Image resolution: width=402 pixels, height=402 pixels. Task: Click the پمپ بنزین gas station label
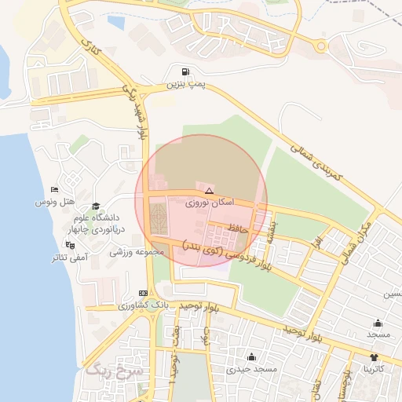tap(185, 82)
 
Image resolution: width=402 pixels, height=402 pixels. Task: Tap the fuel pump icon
tap(185, 71)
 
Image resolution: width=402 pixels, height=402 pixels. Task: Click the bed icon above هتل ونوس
tap(53, 190)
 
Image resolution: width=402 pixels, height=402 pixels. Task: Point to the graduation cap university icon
tap(96, 205)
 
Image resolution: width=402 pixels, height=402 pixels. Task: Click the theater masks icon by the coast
tap(69, 245)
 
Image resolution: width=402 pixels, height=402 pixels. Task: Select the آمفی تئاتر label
tap(69, 257)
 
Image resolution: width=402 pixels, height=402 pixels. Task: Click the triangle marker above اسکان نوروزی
tap(208, 191)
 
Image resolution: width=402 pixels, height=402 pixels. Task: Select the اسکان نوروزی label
tap(208, 203)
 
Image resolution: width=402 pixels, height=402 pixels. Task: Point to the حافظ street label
tap(238, 228)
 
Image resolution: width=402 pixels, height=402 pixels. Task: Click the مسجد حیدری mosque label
tap(251, 367)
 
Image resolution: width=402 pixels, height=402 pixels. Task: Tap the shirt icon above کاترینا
tap(374, 356)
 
